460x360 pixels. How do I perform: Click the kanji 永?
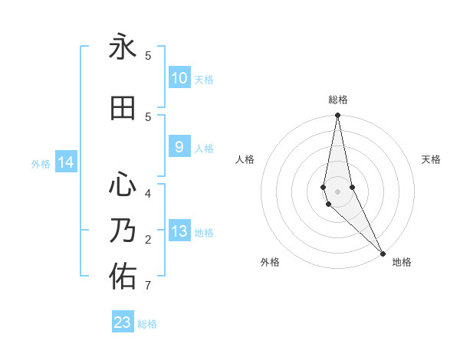[123, 48]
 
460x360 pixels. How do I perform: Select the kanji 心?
[123, 185]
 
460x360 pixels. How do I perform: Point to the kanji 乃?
[123, 231]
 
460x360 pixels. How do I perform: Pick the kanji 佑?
[123, 277]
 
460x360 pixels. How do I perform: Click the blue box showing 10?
[179, 78]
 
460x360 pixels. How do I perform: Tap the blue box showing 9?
[179, 147]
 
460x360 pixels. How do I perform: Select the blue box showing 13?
[179, 231]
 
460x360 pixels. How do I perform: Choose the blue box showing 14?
[66, 162]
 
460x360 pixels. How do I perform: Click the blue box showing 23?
[123, 322]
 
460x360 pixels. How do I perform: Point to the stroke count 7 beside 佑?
[147, 286]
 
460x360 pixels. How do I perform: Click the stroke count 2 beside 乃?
[147, 240]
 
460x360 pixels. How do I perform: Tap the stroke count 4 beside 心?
[147, 194]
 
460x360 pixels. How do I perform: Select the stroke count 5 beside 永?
[147, 56]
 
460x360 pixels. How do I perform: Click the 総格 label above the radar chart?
[338, 100]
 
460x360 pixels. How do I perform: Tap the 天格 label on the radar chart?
[431, 159]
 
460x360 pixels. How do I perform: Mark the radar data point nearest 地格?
[383, 253]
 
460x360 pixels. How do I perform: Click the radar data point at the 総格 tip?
[338, 116]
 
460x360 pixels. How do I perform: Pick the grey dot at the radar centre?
[338, 191]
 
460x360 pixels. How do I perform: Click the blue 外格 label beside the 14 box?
[40, 163]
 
